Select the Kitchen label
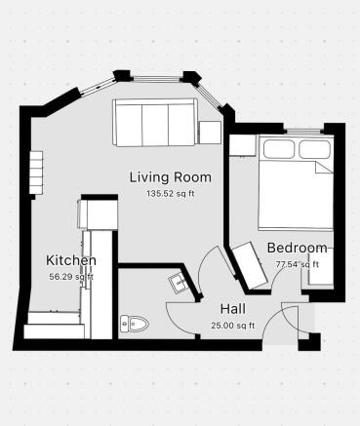tap(71, 260)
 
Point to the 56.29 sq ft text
tap(71, 276)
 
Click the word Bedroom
tap(297, 248)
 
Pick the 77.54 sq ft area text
tap(297, 264)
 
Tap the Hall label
tap(231, 308)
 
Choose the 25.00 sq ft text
tap(232, 325)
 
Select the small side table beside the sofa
tap(210, 134)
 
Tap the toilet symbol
tap(132, 323)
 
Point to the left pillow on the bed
tap(280, 148)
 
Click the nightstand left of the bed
tap(241, 145)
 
